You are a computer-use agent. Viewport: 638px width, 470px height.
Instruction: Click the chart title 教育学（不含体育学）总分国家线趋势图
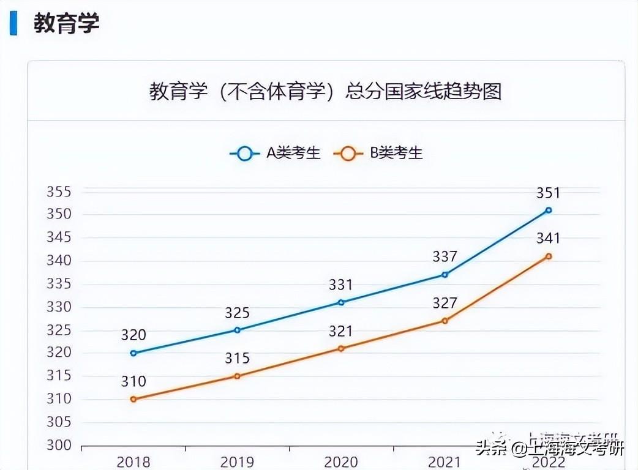point(325,91)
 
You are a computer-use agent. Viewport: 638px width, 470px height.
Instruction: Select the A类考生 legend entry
point(276,153)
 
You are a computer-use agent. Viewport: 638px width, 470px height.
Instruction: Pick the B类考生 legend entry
point(378,153)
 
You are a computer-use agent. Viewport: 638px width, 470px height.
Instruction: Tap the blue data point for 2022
point(549,210)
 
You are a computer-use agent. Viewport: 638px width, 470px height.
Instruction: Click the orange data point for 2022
point(549,256)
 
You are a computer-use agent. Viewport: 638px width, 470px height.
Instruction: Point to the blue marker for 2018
point(133,353)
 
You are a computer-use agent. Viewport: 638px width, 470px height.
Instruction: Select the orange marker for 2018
point(133,399)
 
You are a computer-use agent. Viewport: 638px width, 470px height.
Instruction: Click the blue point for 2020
point(341,302)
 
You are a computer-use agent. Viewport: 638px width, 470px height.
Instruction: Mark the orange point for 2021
point(445,321)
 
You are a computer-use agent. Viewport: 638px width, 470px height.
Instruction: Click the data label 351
point(548,193)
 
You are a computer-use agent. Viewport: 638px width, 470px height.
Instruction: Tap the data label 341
point(548,239)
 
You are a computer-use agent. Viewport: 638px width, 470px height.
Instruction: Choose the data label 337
point(445,257)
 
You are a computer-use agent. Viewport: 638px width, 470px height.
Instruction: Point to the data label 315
point(237,359)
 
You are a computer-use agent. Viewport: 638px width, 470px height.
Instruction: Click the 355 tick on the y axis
point(59,192)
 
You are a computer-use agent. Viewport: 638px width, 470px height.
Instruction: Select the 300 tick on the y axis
point(59,446)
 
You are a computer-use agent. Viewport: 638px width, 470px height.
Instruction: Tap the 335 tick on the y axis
point(59,285)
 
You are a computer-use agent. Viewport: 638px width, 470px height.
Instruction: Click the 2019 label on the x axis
point(237,462)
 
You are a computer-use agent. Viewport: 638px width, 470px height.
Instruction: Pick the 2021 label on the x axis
point(445,462)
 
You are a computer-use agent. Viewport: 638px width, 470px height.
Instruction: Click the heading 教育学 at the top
point(66,23)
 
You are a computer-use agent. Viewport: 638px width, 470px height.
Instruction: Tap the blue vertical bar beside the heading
point(13,23)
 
